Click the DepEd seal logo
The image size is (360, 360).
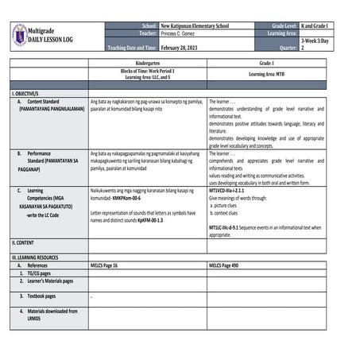click(20, 35)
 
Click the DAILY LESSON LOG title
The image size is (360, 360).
click(60, 39)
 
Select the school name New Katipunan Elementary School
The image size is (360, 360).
click(195, 26)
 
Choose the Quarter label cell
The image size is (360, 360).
click(284, 48)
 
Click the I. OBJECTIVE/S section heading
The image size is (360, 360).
click(29, 94)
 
